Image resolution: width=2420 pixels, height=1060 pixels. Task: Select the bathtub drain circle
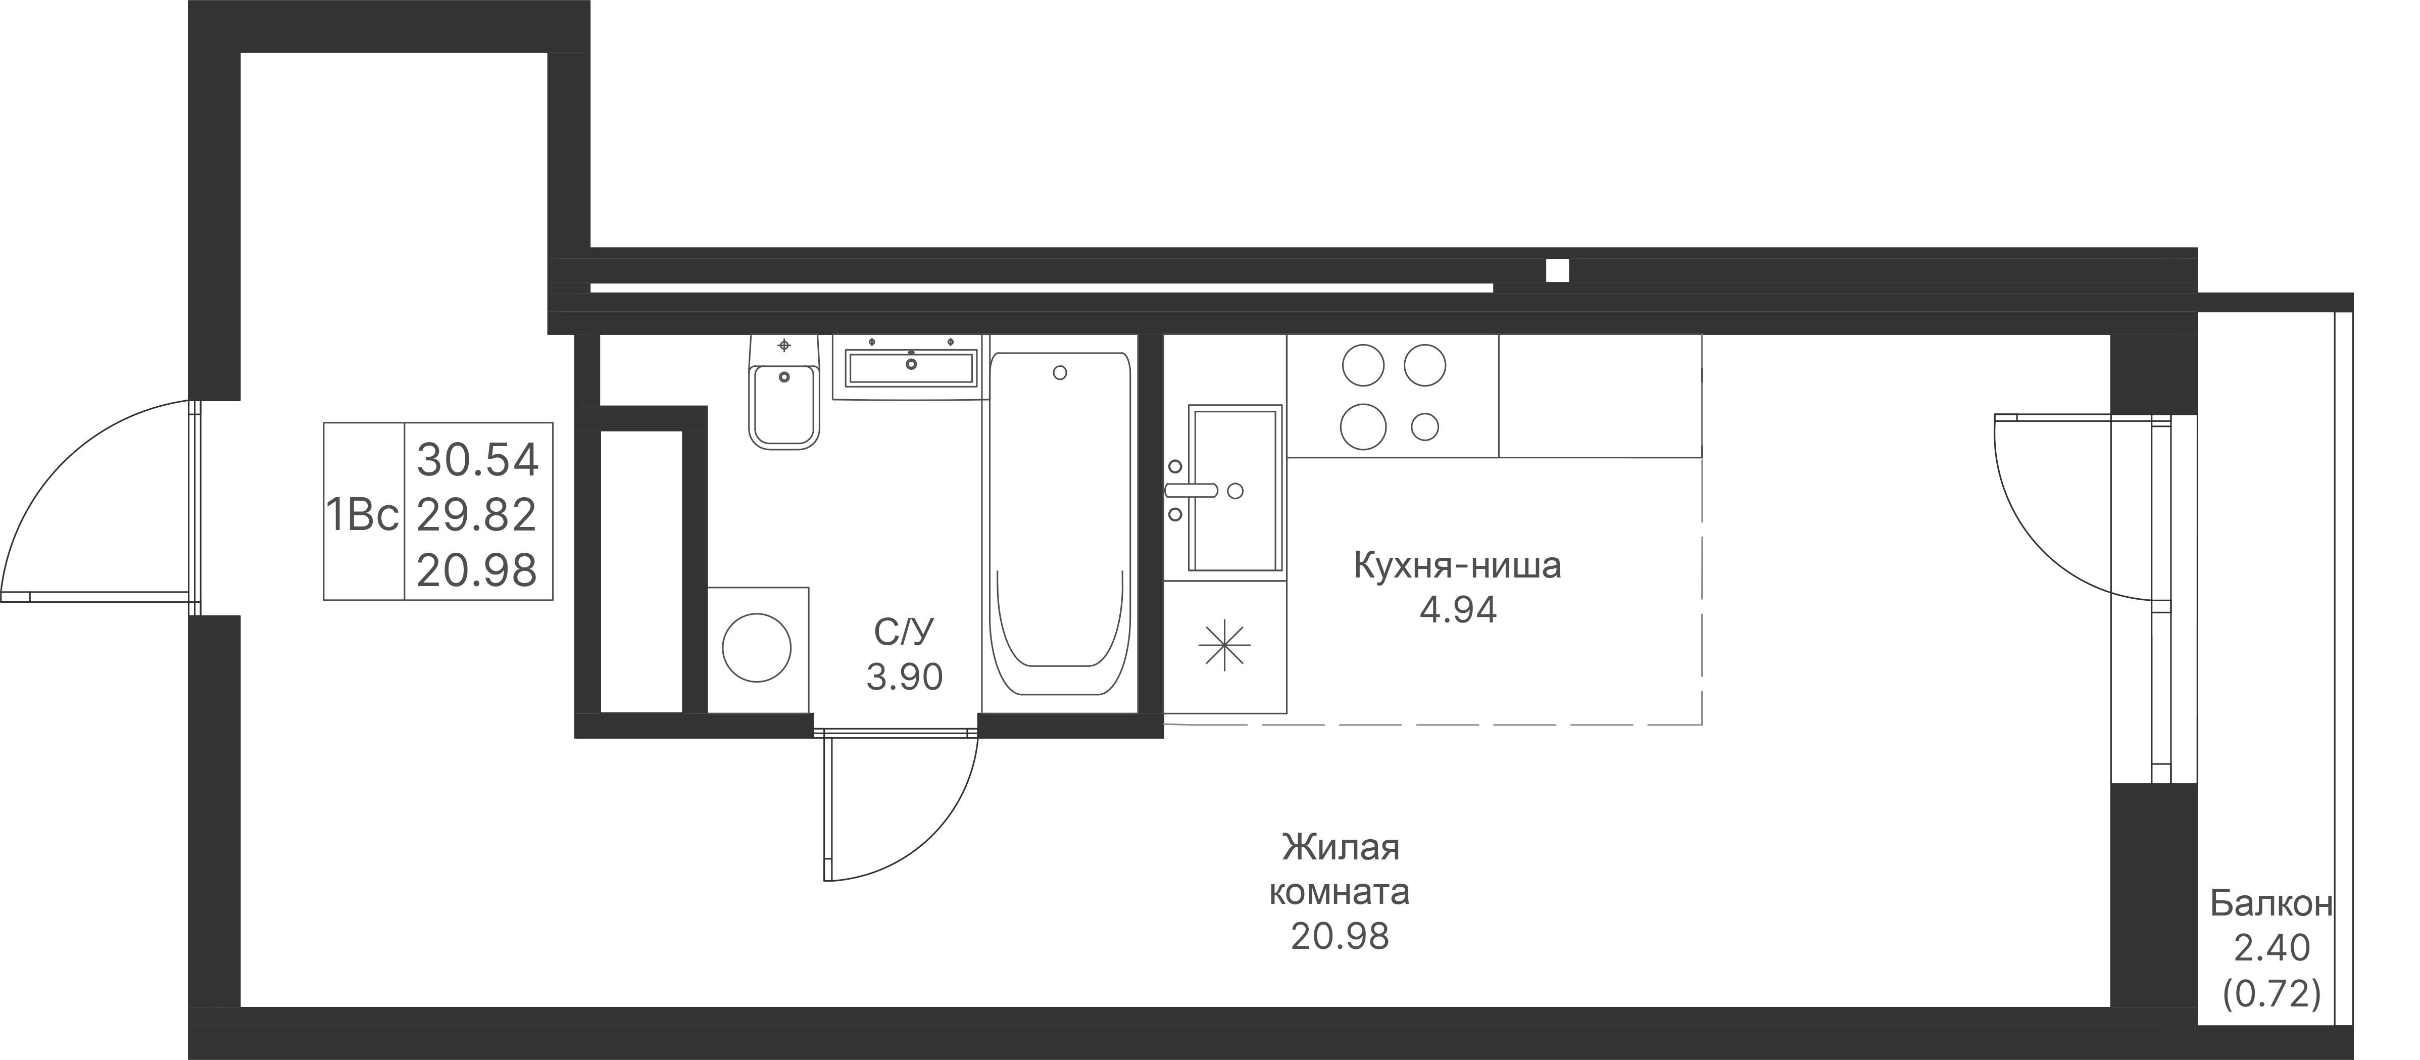[x=1060, y=373]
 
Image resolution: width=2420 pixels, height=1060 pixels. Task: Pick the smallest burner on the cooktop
[x=1425, y=426]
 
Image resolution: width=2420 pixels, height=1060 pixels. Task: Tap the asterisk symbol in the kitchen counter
[x=1225, y=647]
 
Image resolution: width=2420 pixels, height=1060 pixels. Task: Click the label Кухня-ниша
[x=1457, y=566]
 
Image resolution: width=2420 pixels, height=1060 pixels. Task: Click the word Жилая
[x=1341, y=848]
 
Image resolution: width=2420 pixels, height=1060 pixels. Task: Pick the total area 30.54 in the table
[x=477, y=460]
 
